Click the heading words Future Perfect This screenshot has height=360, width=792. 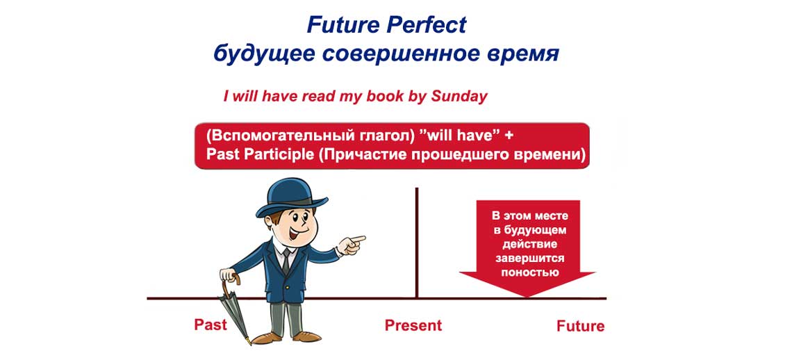[x=386, y=25]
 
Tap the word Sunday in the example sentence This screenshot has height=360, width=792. [x=459, y=97]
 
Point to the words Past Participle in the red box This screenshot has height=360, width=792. [x=260, y=154]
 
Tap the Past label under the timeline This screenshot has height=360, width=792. [x=210, y=325]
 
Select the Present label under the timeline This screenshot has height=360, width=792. [x=413, y=325]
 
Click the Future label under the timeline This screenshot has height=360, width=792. [x=580, y=326]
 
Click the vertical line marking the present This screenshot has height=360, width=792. [x=416, y=243]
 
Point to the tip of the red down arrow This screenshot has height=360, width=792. [x=527, y=296]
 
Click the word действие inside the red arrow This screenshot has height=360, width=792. [x=529, y=244]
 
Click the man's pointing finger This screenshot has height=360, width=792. [x=357, y=240]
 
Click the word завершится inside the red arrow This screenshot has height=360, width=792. [x=529, y=259]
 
